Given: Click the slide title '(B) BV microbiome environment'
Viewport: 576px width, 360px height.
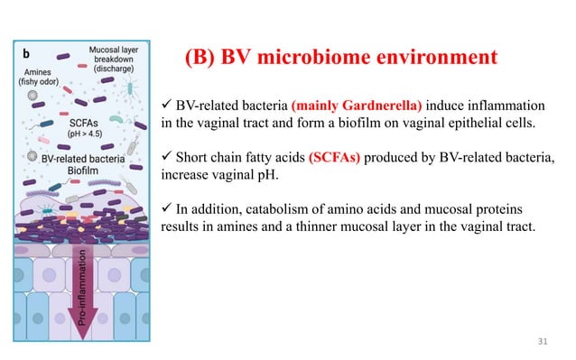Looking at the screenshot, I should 340,59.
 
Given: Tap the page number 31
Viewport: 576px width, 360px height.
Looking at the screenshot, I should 542,341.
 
